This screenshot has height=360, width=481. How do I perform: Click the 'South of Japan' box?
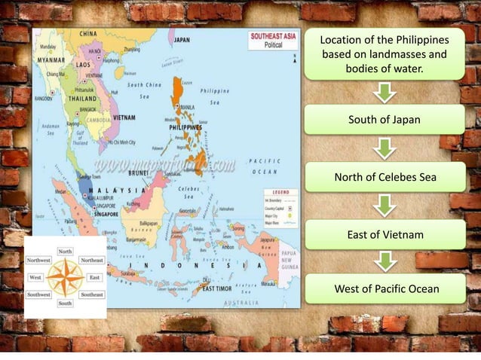coord(384,120)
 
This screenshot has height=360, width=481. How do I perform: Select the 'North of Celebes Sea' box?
coord(384,178)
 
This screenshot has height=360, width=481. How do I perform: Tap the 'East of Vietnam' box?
coord(384,235)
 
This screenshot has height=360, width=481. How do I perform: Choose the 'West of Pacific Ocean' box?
coord(384,289)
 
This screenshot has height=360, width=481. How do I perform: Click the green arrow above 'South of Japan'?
coord(385,93)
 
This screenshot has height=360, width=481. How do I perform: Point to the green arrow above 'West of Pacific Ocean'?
coord(385,262)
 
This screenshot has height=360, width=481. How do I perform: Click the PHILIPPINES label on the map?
coord(185,127)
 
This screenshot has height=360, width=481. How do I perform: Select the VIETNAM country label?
coord(124,117)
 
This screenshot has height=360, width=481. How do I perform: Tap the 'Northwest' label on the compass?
coord(39,260)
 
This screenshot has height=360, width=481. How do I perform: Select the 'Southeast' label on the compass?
coord(92,294)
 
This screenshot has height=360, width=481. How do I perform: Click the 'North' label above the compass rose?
coord(66,251)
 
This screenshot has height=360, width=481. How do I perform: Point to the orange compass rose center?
coord(66,276)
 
